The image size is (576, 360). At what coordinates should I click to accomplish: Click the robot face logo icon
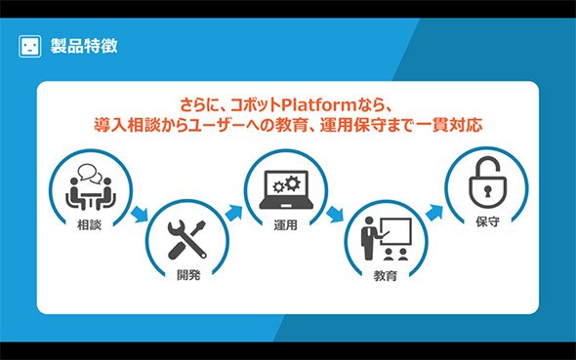pos(29,46)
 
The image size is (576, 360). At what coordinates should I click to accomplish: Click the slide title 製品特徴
pos(84,46)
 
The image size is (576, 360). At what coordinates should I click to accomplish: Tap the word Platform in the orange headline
pos(319,105)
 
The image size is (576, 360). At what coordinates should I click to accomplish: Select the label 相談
pos(89,224)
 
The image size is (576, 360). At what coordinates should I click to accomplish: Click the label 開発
pos(188,274)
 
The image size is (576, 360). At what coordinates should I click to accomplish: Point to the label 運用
pos(285,225)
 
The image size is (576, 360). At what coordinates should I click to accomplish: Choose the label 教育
pos(386,275)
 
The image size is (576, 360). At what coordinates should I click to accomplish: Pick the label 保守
pos(487,221)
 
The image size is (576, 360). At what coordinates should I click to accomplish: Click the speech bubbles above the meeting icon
pos(90,174)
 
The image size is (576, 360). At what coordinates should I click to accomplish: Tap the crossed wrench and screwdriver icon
pos(187,240)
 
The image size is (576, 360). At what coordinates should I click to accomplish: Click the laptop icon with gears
pos(286,189)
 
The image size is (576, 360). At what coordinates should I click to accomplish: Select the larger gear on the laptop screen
pos(293,183)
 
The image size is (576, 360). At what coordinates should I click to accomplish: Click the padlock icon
pos(487,182)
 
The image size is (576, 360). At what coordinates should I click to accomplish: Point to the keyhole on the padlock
pos(487,191)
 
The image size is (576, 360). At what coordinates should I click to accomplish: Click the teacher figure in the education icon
pos(369,238)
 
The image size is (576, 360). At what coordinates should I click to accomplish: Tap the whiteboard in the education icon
pos(395,231)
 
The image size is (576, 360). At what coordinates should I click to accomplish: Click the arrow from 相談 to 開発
pos(140,214)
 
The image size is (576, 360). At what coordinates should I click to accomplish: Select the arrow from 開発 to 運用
pos(233,214)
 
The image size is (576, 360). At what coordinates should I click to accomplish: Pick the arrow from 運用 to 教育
pos(335,214)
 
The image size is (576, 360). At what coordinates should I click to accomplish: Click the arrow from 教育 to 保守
pos(434,213)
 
